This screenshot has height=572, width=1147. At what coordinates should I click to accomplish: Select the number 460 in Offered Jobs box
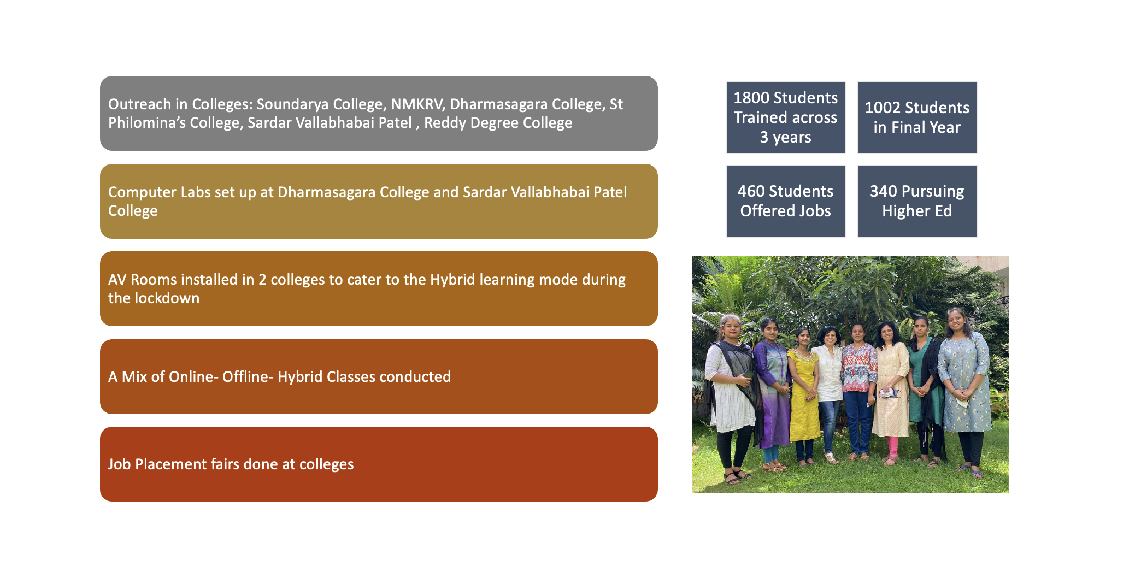(x=751, y=192)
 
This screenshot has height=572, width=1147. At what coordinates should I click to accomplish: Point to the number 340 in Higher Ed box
(x=883, y=192)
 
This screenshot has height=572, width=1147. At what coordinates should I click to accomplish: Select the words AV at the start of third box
(x=117, y=280)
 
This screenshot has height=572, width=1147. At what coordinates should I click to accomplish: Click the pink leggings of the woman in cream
(x=892, y=447)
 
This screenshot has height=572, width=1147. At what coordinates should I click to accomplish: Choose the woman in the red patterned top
(x=858, y=390)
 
